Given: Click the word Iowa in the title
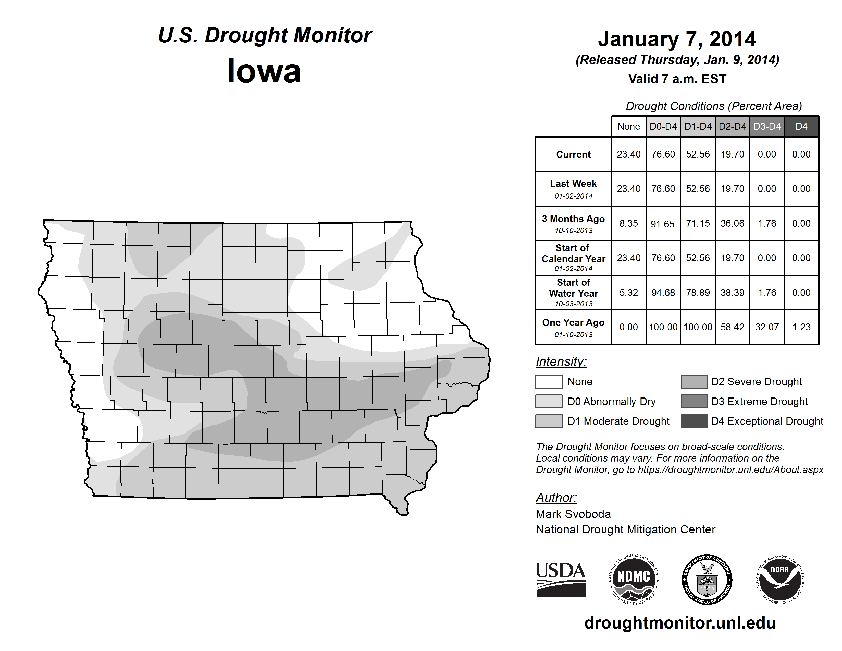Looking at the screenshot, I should [x=264, y=71].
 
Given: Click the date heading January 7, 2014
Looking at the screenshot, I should [x=677, y=39].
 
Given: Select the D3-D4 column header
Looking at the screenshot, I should [x=767, y=126].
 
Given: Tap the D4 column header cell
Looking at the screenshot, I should [x=801, y=126].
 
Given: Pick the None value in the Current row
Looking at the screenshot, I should [x=628, y=154].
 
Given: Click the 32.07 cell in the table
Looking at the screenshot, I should [x=767, y=327].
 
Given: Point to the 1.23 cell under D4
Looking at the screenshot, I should [x=801, y=327].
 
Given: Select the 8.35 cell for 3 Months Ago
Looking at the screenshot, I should [x=628, y=224].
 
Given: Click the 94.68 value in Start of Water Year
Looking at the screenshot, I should [x=663, y=293].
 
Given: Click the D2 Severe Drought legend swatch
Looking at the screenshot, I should [x=694, y=381].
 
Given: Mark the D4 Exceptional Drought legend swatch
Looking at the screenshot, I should [x=694, y=421].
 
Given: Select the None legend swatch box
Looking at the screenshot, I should [x=549, y=381].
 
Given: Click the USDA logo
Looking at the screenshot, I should [x=561, y=579].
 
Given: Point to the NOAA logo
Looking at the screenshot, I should [x=779, y=579].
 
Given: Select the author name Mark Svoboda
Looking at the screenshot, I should [x=573, y=514].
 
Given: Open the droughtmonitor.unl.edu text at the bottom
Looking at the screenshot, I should [x=680, y=623].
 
